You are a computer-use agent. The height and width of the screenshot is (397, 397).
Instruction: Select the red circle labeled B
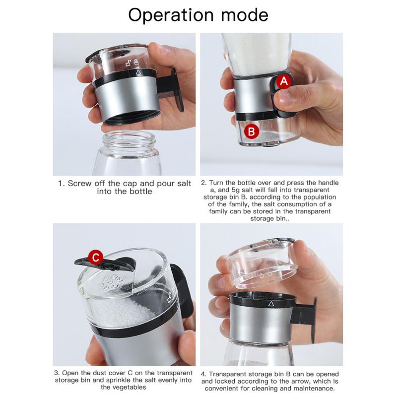coord(252,132)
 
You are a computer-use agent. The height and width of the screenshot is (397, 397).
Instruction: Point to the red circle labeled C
coord(95,257)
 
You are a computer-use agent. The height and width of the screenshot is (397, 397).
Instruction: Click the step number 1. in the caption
coord(61,183)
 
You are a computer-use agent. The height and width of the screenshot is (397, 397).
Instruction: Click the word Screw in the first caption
coord(79,183)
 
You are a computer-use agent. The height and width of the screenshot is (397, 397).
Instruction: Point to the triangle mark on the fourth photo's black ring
coord(271,304)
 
